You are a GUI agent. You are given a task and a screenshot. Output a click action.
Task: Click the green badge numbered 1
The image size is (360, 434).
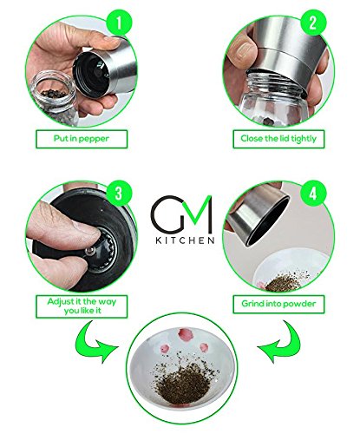tap(119, 23)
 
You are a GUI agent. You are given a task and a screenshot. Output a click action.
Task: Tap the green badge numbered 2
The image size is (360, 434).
tap(313, 23)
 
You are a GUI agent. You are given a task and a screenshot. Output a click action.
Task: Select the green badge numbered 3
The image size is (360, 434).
tap(119, 194)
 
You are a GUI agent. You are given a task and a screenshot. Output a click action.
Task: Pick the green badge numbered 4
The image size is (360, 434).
tap(313, 194)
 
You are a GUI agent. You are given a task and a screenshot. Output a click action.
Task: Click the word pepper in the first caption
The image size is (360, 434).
tap(94, 139)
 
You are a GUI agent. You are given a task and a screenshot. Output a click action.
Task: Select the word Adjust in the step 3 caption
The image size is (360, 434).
tap(60, 302)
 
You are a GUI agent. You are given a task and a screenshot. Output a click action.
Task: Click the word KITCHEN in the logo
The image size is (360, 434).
tap(185, 240)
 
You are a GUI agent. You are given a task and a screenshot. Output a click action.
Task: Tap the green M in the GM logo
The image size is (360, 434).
tap(198, 214)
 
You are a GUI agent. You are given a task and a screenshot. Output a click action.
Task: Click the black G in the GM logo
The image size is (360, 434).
tap(167, 214)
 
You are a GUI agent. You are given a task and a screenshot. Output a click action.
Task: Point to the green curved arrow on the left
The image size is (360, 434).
tap(94, 341)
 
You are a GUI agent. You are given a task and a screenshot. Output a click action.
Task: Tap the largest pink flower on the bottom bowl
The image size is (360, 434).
tap(186, 335)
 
